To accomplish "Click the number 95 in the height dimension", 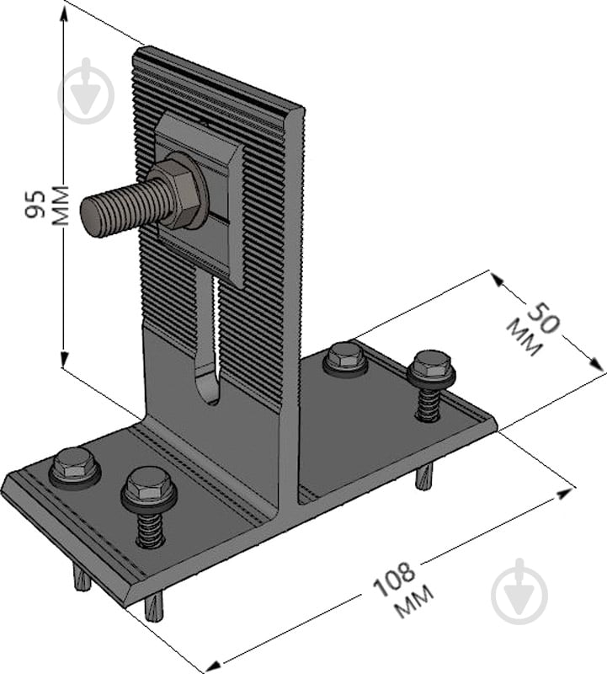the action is (x=36, y=205).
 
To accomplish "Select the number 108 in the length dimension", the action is (x=393, y=580).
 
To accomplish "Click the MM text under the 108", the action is (x=414, y=602).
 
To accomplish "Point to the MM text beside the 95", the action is (x=60, y=206).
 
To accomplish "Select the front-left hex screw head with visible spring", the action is (x=147, y=485).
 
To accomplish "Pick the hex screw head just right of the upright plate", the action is (x=346, y=355).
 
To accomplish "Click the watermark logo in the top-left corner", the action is (x=86, y=91).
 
